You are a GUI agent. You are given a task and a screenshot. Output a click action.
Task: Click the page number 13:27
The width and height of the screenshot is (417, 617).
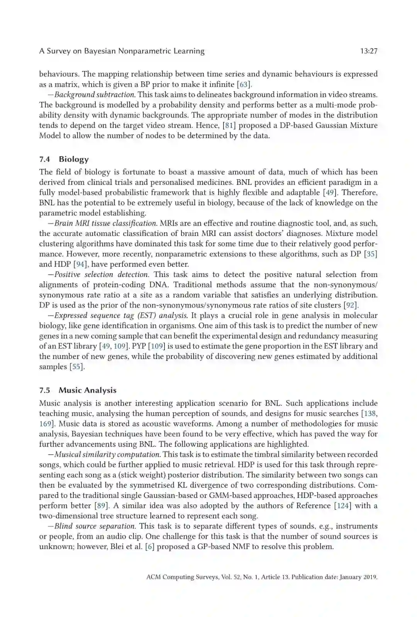(368, 51)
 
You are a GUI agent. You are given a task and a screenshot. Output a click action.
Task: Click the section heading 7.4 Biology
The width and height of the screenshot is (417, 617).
(64, 159)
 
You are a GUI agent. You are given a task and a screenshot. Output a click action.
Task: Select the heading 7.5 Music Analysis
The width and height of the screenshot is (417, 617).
(78, 390)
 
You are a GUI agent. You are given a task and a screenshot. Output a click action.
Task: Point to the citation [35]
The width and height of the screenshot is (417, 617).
(371, 254)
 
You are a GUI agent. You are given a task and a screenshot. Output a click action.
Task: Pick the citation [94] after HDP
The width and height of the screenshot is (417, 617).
(80, 264)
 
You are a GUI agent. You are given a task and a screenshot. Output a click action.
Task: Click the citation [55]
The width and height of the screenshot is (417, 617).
(76, 367)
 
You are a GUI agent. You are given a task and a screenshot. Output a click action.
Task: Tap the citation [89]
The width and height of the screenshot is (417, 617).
(101, 506)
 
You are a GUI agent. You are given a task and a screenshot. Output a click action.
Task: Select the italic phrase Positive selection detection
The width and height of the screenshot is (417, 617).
(101, 275)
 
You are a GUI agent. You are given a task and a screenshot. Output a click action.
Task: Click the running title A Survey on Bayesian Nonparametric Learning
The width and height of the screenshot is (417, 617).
(122, 51)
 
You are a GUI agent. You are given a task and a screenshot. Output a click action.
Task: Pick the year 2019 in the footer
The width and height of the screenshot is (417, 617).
(370, 577)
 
